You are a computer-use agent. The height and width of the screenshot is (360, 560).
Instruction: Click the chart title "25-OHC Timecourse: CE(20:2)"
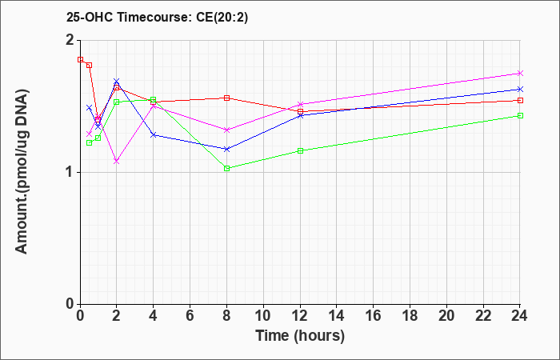157,17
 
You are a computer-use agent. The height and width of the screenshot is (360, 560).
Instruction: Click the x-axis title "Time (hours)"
300,336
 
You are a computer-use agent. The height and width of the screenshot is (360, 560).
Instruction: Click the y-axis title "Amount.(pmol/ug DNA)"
22,171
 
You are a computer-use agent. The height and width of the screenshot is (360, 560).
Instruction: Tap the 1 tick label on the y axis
70,172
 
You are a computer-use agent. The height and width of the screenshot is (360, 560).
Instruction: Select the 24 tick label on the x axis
520,316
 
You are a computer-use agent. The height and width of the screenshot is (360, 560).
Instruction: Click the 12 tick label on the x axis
300,316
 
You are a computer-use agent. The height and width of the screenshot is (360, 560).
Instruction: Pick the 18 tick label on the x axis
410,316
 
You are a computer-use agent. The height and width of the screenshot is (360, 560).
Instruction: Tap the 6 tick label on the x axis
190,316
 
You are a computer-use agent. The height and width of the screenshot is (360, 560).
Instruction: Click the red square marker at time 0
80,60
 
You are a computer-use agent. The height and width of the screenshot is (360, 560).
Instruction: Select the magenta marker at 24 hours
520,74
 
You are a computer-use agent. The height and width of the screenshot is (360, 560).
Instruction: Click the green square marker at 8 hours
226,169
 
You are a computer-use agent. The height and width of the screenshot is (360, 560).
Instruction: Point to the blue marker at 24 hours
520,89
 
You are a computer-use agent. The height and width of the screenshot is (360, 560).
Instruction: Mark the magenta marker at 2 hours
117,162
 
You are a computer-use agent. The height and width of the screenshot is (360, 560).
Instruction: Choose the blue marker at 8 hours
226,149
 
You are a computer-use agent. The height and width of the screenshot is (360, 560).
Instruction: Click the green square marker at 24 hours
520,116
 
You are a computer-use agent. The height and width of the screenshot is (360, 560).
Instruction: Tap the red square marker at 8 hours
226,98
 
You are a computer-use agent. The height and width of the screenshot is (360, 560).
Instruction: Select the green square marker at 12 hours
300,150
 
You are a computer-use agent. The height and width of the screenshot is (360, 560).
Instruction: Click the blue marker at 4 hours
154,134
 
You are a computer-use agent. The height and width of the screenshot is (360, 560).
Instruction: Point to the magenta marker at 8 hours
226,130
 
